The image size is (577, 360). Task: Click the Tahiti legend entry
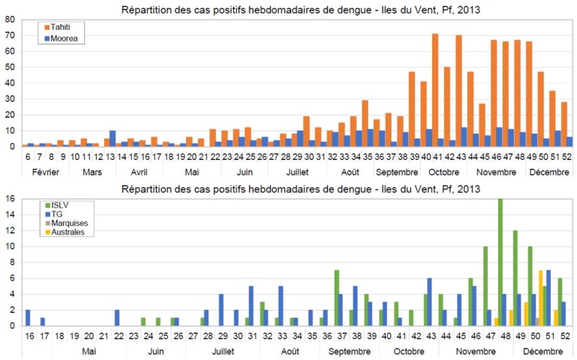coord(60,28)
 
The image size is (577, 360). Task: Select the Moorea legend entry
coord(62,37)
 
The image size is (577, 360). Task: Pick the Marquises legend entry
coord(67,223)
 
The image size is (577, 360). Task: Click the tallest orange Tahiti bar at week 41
coord(435,90)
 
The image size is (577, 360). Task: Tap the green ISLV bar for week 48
coord(500,262)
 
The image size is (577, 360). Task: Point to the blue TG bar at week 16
coord(28,317)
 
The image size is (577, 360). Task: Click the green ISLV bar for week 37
coord(337,298)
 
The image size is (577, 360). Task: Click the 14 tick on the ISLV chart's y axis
coord(9,214)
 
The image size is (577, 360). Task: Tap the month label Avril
coord(140,171)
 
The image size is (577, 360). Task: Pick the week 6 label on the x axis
coord(28,156)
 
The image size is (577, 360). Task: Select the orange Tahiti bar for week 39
coord(411,109)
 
